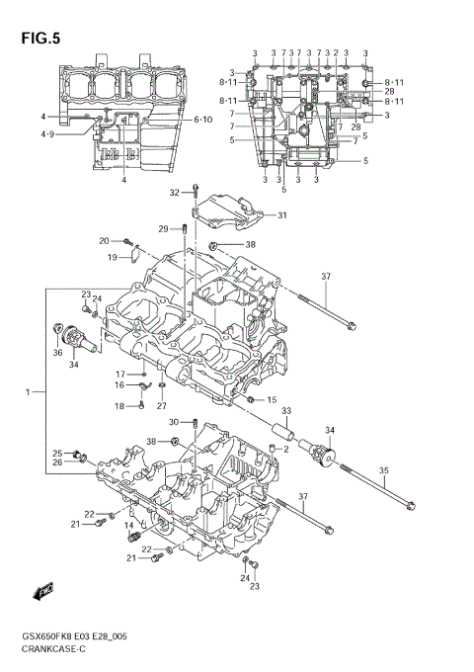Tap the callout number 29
(164, 229)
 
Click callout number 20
(104, 241)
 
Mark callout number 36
(57, 352)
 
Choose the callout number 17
(120, 374)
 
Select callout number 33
(286, 411)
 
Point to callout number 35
(384, 470)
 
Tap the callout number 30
(174, 422)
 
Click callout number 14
(127, 539)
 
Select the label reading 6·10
(202, 120)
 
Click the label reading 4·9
(47, 133)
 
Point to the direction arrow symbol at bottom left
(43, 591)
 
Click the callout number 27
(161, 406)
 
